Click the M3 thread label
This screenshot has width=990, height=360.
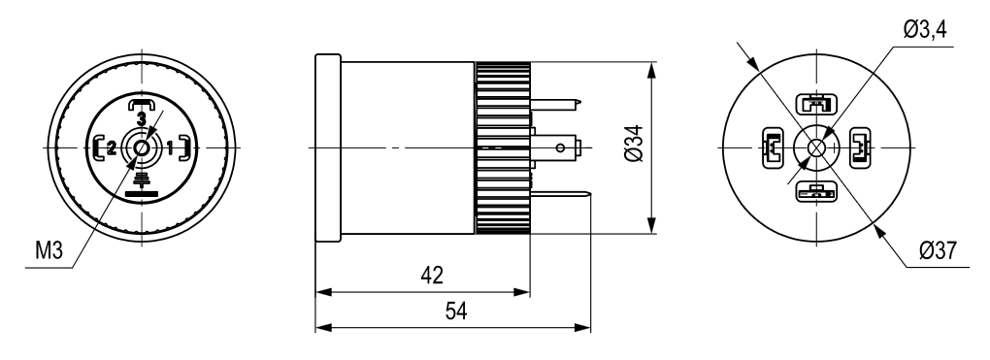pos(49,252)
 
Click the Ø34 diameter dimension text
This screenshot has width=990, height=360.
pos(635,144)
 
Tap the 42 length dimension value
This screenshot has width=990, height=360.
pos(432,276)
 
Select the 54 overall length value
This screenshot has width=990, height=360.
pos(456,311)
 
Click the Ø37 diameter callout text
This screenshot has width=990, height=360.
pos(938,250)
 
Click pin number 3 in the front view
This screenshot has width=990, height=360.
pos(142,118)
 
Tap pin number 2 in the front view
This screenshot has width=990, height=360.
pos(111,148)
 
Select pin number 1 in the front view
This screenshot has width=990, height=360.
pos(170,148)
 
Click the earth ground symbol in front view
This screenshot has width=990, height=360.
pos(142,184)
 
